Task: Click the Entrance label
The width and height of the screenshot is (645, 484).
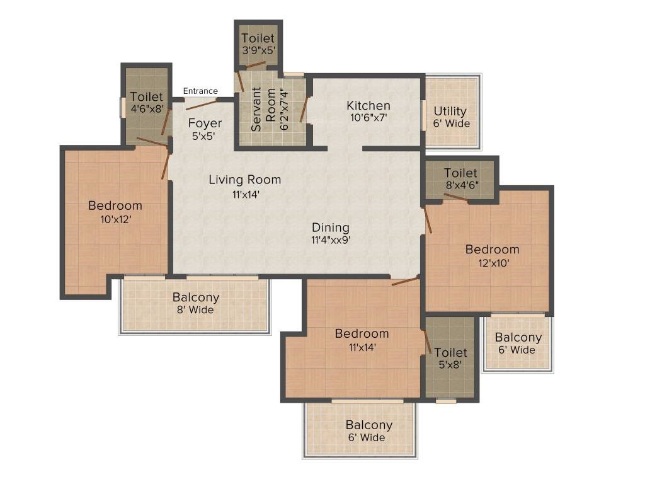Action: pos(200,91)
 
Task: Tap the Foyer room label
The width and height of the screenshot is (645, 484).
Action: pos(205,123)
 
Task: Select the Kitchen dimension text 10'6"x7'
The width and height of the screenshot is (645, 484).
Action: pos(368,118)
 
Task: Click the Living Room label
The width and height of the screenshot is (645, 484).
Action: pos(245,180)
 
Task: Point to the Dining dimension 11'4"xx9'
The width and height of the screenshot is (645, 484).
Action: pos(331,240)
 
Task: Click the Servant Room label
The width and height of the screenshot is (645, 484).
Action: pos(263,109)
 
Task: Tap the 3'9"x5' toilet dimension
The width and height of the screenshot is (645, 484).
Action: pos(258,50)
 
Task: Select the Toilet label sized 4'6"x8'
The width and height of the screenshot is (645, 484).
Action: pos(146,96)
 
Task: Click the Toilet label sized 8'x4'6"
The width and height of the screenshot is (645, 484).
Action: pos(460,173)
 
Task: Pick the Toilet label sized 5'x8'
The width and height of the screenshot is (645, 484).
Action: pos(451,352)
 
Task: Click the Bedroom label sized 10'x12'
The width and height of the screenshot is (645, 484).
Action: pos(115,205)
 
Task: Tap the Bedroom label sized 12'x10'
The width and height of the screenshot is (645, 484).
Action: pos(493,250)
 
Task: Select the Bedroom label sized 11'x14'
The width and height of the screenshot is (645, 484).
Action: pos(362,333)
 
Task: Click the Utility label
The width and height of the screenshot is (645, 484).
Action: pos(450,112)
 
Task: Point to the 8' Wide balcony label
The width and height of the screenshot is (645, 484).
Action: pos(195,310)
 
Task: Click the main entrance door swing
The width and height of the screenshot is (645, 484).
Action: pos(201,104)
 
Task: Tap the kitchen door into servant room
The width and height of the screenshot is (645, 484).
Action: pos(304,110)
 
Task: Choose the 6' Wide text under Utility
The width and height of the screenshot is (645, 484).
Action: pos(451,124)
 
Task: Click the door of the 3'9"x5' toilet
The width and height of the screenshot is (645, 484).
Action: pos(256,65)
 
